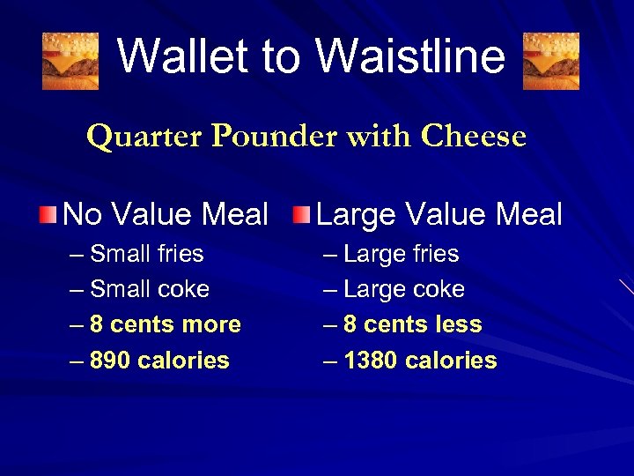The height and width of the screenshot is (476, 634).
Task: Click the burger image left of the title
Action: [x=70, y=62]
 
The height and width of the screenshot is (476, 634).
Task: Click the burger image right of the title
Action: [x=551, y=62]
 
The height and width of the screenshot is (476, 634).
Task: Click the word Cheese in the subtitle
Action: [x=473, y=137]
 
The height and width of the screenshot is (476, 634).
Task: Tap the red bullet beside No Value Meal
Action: [x=50, y=213]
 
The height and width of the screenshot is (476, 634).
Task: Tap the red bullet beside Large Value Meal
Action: [x=302, y=213]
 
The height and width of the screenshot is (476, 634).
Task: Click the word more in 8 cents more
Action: [x=211, y=325]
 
